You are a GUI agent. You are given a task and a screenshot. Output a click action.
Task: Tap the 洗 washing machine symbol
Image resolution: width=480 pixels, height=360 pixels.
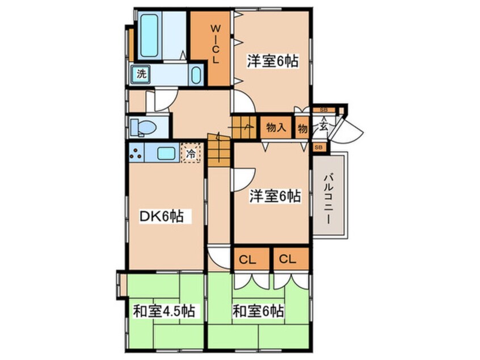pyautogui.click(x=140, y=74)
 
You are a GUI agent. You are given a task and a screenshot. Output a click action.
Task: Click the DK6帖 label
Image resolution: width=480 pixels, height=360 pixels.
pyautogui.click(x=161, y=216)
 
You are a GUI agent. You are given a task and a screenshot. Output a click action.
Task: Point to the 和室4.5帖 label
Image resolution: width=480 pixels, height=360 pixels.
pyautogui.click(x=164, y=311)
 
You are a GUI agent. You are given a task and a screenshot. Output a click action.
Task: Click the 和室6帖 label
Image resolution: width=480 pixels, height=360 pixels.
pyautogui.click(x=258, y=311)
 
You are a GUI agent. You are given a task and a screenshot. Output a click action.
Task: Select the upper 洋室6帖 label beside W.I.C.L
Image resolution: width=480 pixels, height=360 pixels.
pyautogui.click(x=272, y=61)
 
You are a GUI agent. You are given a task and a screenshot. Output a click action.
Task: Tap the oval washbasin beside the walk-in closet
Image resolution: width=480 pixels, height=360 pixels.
pyautogui.click(x=196, y=75)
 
